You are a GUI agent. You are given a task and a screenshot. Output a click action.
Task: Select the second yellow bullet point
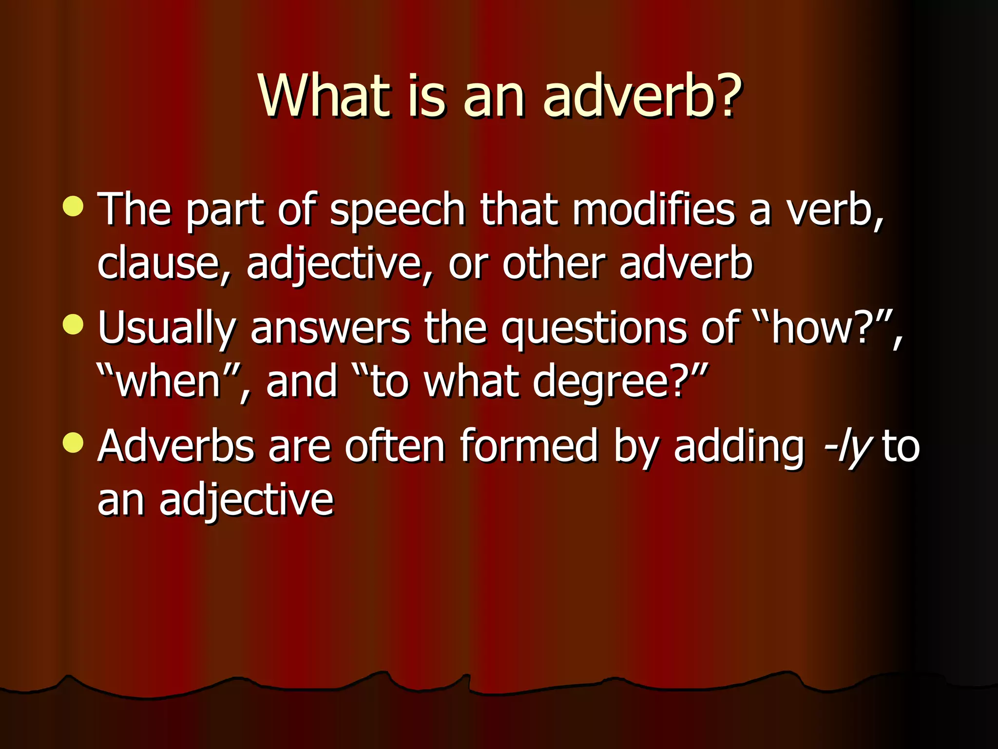click(x=73, y=324)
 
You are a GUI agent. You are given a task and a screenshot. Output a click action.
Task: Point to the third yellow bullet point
click(x=73, y=443)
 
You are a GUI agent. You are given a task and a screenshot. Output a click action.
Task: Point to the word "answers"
click(x=330, y=328)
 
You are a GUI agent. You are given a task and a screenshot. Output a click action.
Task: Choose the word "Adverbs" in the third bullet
click(x=176, y=446)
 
